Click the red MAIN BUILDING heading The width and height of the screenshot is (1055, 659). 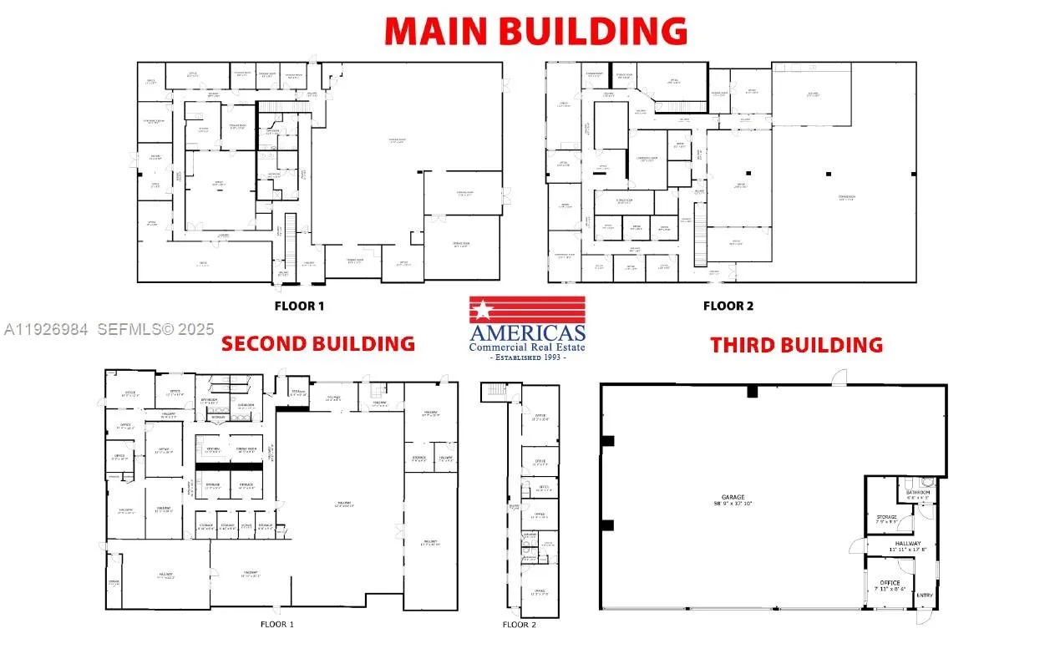point(535,31)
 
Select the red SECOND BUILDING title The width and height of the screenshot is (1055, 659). point(317,343)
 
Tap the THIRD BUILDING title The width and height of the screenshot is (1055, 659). point(796,344)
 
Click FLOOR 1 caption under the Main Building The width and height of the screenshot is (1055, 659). point(299,306)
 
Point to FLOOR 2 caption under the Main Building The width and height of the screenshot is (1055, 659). point(728,306)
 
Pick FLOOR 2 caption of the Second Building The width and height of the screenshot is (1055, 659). point(520,625)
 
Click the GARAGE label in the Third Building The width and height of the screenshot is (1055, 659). point(733,497)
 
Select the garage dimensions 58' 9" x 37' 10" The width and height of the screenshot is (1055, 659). point(733,504)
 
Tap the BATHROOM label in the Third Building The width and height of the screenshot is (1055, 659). point(919,493)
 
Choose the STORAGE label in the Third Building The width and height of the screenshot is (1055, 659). point(886,517)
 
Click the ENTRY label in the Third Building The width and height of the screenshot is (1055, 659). point(925,596)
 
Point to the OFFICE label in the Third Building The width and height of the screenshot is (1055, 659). point(890,582)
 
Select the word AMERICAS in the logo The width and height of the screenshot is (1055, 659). point(527,332)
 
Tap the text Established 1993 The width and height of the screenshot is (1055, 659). point(527,357)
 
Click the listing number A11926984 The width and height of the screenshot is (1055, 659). point(46,330)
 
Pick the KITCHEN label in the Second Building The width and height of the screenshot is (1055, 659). point(213,449)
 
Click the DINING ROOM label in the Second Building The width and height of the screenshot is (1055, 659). point(246,449)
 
